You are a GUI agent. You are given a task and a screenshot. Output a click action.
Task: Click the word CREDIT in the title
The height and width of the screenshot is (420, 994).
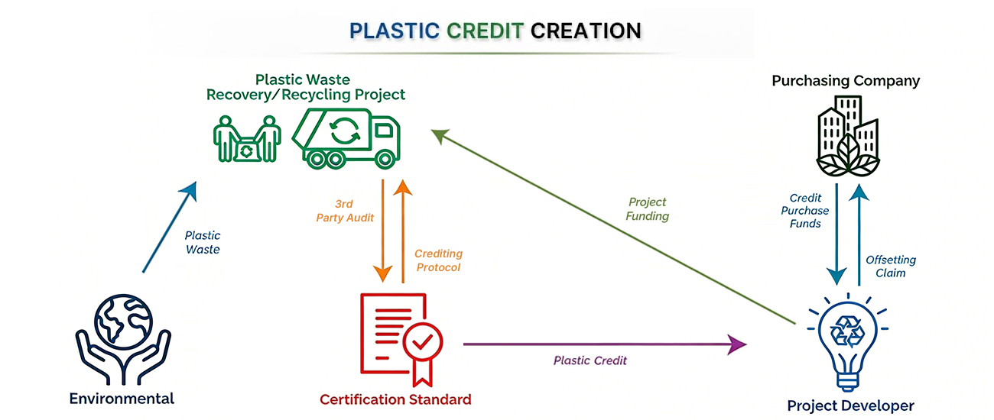coord(485,31)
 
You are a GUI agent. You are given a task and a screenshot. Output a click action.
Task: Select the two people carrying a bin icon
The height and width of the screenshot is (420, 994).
coord(245,139)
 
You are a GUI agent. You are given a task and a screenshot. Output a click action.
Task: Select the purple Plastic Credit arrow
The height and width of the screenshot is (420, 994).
coord(604,344)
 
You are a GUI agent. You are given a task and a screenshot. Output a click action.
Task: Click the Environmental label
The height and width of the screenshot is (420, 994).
coord(122,399)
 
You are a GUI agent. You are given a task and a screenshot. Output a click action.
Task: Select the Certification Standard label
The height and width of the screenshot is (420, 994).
coord(395,399)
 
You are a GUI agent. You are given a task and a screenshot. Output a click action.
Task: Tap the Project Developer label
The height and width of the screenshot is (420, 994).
coord(850,405)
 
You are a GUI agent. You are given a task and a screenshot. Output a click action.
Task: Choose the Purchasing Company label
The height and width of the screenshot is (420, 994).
coord(846,80)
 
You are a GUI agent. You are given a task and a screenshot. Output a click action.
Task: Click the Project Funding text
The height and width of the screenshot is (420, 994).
coord(648,209)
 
